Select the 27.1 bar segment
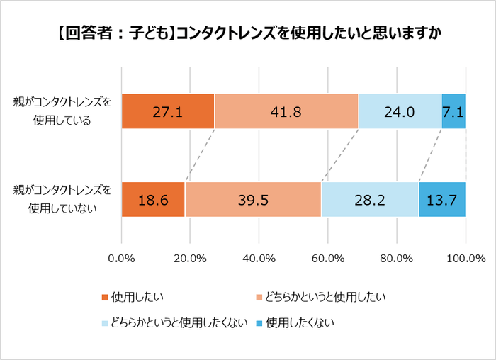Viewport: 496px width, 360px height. (168, 111)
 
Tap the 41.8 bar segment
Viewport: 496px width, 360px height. (286, 111)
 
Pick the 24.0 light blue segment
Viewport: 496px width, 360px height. (400, 111)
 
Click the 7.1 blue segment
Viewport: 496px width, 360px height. (453, 111)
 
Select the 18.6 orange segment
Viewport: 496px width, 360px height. (153, 200)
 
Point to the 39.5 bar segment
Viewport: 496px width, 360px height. (253, 200)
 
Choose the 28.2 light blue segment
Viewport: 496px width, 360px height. (370, 200)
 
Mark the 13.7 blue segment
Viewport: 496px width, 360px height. (442, 200)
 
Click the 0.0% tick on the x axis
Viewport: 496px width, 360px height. (122, 257)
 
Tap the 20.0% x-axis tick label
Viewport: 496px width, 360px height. (191, 257)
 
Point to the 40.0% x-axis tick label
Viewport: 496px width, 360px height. (259, 257)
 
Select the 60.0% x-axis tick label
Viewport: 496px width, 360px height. (328, 257)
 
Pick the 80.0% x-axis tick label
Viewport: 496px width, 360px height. (397, 257)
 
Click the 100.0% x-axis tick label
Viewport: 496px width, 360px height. (465, 257)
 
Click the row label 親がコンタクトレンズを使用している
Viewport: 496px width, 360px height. (62, 111)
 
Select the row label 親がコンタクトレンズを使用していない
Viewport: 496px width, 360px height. (62, 199)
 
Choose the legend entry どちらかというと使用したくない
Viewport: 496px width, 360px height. (178, 323)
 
